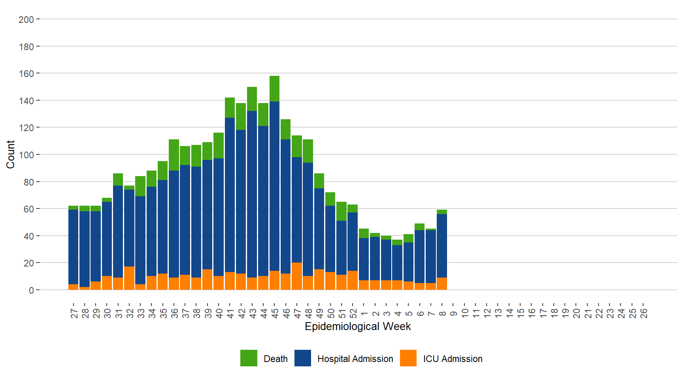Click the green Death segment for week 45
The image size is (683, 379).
pyautogui.click(x=274, y=89)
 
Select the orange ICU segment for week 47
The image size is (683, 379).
pyautogui.click(x=297, y=276)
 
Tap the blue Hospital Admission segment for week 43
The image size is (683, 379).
pyautogui.click(x=252, y=194)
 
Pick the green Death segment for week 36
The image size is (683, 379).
pyautogui.click(x=174, y=155)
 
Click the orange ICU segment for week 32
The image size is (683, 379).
pyautogui.click(x=129, y=278)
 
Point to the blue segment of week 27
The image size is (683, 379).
pyautogui.click(x=73, y=247)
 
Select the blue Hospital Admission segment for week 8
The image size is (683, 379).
pyautogui.click(x=442, y=246)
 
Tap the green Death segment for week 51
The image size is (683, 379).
pyautogui.click(x=341, y=211)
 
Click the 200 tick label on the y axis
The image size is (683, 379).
pyautogui.click(x=26, y=19)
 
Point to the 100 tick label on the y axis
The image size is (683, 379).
pyautogui.click(x=26, y=155)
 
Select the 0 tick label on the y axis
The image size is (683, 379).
pyautogui.click(x=31, y=290)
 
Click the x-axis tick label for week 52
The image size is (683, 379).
pyautogui.click(x=353, y=313)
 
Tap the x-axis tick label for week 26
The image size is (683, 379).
pyautogui.click(x=643, y=313)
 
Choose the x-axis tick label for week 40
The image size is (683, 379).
pyautogui.click(x=219, y=313)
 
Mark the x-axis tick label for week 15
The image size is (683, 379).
pyautogui.click(x=521, y=313)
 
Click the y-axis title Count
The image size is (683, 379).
pyautogui.click(x=10, y=154)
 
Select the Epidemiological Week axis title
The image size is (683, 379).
pyautogui.click(x=358, y=326)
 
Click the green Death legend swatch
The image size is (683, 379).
pyautogui.click(x=249, y=358)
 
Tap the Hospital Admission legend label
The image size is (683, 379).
pyautogui.click(x=355, y=359)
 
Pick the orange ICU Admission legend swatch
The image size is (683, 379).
pyautogui.click(x=408, y=358)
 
